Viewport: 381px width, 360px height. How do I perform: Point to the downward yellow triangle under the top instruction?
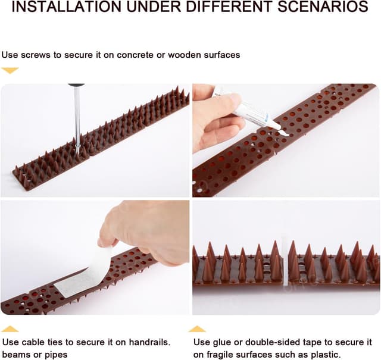[10, 70]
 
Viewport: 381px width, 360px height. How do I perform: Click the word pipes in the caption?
[55, 355]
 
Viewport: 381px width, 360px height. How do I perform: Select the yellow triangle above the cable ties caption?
[10, 328]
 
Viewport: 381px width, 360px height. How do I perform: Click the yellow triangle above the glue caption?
[197, 328]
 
